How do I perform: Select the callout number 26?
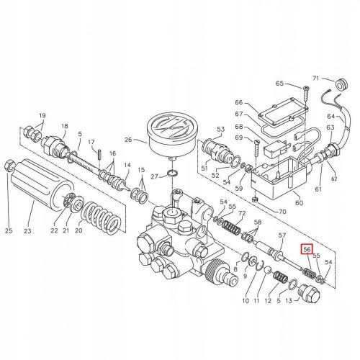click(x=129, y=140)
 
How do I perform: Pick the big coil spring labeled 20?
click(x=102, y=217)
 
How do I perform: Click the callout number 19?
click(x=42, y=115)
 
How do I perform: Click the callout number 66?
click(x=240, y=104)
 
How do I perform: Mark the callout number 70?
click(x=282, y=212)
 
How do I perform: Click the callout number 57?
click(x=282, y=236)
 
